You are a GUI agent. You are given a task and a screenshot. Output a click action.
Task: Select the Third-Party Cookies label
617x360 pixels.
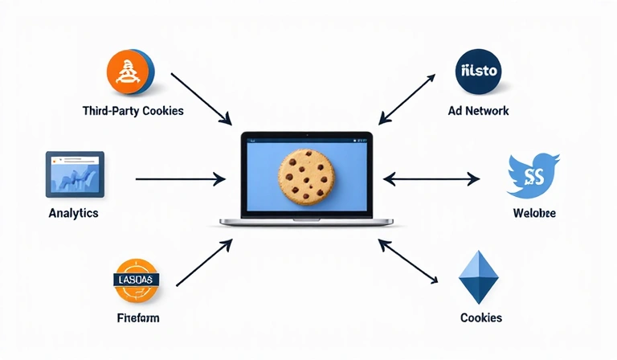[x=133, y=111]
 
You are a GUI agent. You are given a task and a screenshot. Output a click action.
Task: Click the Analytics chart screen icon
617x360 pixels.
[x=75, y=173]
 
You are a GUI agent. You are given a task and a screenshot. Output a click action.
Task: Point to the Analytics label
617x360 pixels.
[x=73, y=213]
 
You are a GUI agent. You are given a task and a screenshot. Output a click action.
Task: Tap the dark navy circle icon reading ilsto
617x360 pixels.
[x=478, y=71]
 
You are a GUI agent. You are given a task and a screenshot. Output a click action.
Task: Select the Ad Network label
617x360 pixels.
[x=478, y=111]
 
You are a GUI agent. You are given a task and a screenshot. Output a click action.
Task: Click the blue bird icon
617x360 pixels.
[x=533, y=176]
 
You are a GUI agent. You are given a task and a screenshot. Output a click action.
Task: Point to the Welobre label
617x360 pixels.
[x=533, y=214]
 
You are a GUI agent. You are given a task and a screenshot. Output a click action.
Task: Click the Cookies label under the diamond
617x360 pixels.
[x=481, y=317]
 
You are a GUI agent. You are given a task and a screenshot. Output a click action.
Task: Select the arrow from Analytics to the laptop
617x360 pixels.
[x=181, y=178]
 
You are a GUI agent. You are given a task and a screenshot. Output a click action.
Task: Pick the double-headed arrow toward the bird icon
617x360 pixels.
[x=431, y=178]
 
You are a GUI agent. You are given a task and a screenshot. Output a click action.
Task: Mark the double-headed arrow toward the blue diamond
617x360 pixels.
[x=408, y=262]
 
